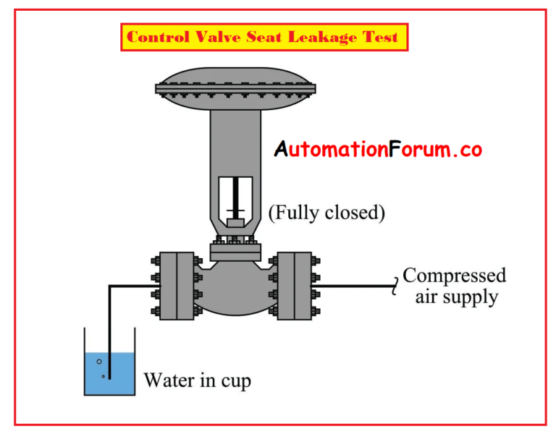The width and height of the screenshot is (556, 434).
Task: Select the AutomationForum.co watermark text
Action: pyautogui.click(x=378, y=150)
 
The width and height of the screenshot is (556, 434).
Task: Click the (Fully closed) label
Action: pyautogui.click(x=327, y=213)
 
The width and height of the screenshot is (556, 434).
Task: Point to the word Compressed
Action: pyautogui.click(x=455, y=276)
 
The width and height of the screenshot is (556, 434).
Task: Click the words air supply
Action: pyautogui.click(x=457, y=297)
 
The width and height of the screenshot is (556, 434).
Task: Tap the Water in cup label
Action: pyautogui.click(x=198, y=380)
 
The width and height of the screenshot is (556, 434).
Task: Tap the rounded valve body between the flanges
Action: pyautogui.click(x=235, y=289)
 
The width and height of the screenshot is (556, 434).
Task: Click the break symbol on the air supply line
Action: pyautogui.click(x=395, y=286)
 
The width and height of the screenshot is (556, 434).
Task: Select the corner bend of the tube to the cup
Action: pyautogui.click(x=110, y=286)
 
